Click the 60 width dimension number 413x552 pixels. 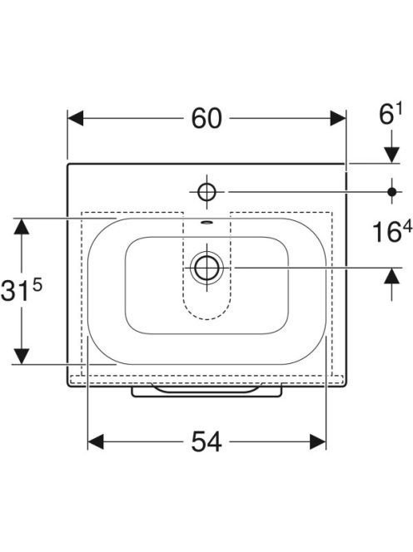(206, 118)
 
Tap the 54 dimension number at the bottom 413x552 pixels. (206, 441)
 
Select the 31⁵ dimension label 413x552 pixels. (21, 289)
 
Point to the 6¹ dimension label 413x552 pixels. (390, 115)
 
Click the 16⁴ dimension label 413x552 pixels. (392, 231)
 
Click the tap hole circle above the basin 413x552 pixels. (206, 192)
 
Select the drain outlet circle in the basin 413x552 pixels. (206, 268)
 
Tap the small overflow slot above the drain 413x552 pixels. (206, 222)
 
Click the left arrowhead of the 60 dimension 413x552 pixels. (76, 118)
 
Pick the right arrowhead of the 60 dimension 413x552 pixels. (338, 118)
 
